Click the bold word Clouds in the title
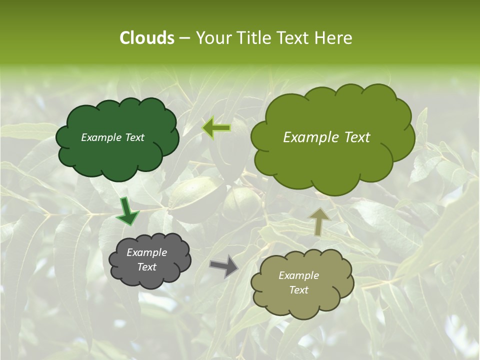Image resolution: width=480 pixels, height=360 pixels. pyautogui.click(x=146, y=38)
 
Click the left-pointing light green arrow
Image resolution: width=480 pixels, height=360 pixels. pyautogui.click(x=216, y=128)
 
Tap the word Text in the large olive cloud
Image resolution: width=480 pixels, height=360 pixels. pyautogui.click(x=355, y=137)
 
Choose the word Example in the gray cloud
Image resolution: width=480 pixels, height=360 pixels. pyautogui.click(x=146, y=252)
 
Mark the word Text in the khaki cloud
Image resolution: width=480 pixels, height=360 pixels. pyautogui.click(x=298, y=290)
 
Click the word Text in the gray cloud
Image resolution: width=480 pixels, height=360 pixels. pyautogui.click(x=146, y=267)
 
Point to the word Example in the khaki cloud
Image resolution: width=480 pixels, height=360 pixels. pyautogui.click(x=298, y=275)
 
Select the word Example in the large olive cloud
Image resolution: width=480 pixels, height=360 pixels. pyautogui.click(x=310, y=137)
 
